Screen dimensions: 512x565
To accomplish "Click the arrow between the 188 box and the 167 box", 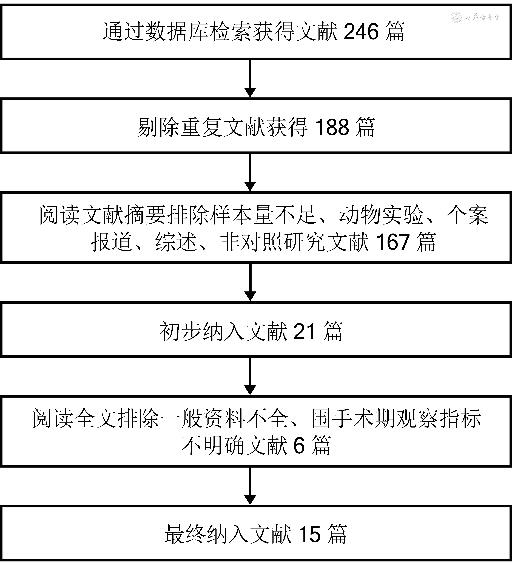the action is click(250, 173).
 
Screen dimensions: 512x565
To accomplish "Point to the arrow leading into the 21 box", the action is click(250, 282).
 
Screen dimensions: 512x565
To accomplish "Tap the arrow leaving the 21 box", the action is click(250, 376).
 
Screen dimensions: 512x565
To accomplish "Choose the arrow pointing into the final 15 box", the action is click(250, 486).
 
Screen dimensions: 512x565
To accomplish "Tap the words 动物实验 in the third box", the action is click(381, 215).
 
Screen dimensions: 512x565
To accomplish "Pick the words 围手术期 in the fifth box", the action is click(354, 419).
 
